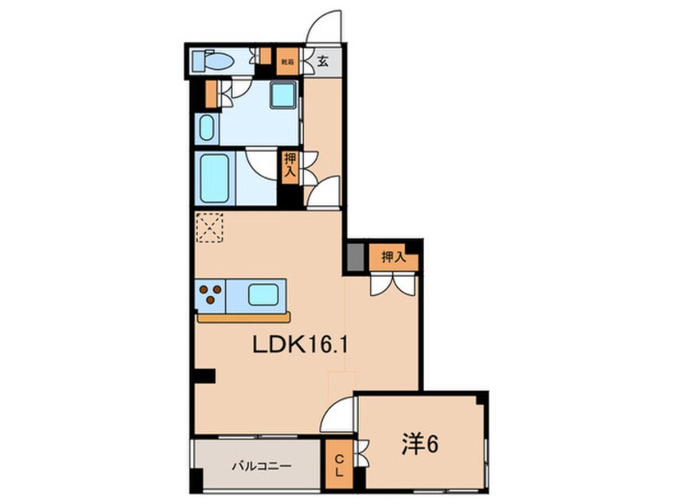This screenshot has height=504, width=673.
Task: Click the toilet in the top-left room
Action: click(x=216, y=59)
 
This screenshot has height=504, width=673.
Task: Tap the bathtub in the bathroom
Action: click(x=216, y=179)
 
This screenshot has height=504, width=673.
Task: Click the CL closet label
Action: click(x=337, y=465)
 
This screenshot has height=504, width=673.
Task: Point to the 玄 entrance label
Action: click(x=324, y=59)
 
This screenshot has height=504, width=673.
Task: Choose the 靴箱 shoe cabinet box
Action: click(x=286, y=58)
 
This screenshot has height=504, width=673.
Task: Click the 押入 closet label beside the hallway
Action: click(x=290, y=164)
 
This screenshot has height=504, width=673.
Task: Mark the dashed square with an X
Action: click(x=210, y=228)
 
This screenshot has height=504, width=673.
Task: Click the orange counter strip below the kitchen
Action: click(x=244, y=316)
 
